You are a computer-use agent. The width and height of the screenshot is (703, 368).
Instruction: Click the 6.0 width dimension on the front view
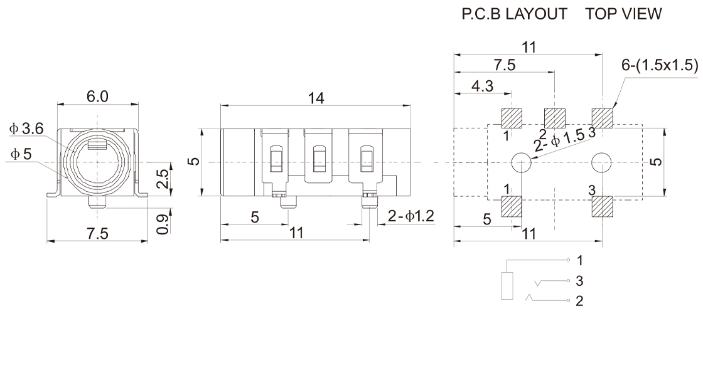coord(97,97)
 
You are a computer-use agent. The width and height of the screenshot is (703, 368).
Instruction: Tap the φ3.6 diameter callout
coord(26,129)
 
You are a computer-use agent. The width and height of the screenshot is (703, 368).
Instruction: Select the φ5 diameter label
coord(21,154)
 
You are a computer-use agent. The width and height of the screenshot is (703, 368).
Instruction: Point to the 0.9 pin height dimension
coord(164,224)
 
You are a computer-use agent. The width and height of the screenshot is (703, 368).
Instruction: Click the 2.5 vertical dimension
coord(164,179)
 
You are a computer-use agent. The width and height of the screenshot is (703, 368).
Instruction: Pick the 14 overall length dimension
coord(316,98)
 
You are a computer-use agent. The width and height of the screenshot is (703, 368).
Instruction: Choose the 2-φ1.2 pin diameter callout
coord(411,216)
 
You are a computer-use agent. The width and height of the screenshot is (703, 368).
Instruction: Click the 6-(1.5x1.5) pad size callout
coord(660,65)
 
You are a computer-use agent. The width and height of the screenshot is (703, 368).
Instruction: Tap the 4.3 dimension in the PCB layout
coord(483,85)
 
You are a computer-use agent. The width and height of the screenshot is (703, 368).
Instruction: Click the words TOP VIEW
coord(623,14)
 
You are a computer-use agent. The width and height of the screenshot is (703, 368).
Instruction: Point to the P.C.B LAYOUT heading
coord(514,14)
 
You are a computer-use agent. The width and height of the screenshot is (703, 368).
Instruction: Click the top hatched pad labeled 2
coord(555,118)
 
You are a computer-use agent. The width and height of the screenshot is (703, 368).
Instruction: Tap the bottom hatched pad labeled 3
coord(602,207)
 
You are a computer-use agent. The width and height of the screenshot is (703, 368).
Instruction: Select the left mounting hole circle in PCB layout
coord(522,162)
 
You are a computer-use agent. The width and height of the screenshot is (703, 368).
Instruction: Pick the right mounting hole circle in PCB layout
coord(602,162)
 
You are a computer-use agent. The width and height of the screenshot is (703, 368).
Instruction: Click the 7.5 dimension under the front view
coord(97,234)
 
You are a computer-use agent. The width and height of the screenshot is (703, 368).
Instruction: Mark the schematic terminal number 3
coord(579,281)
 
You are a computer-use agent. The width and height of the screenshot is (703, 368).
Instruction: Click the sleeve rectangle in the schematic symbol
coord(507,285)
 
